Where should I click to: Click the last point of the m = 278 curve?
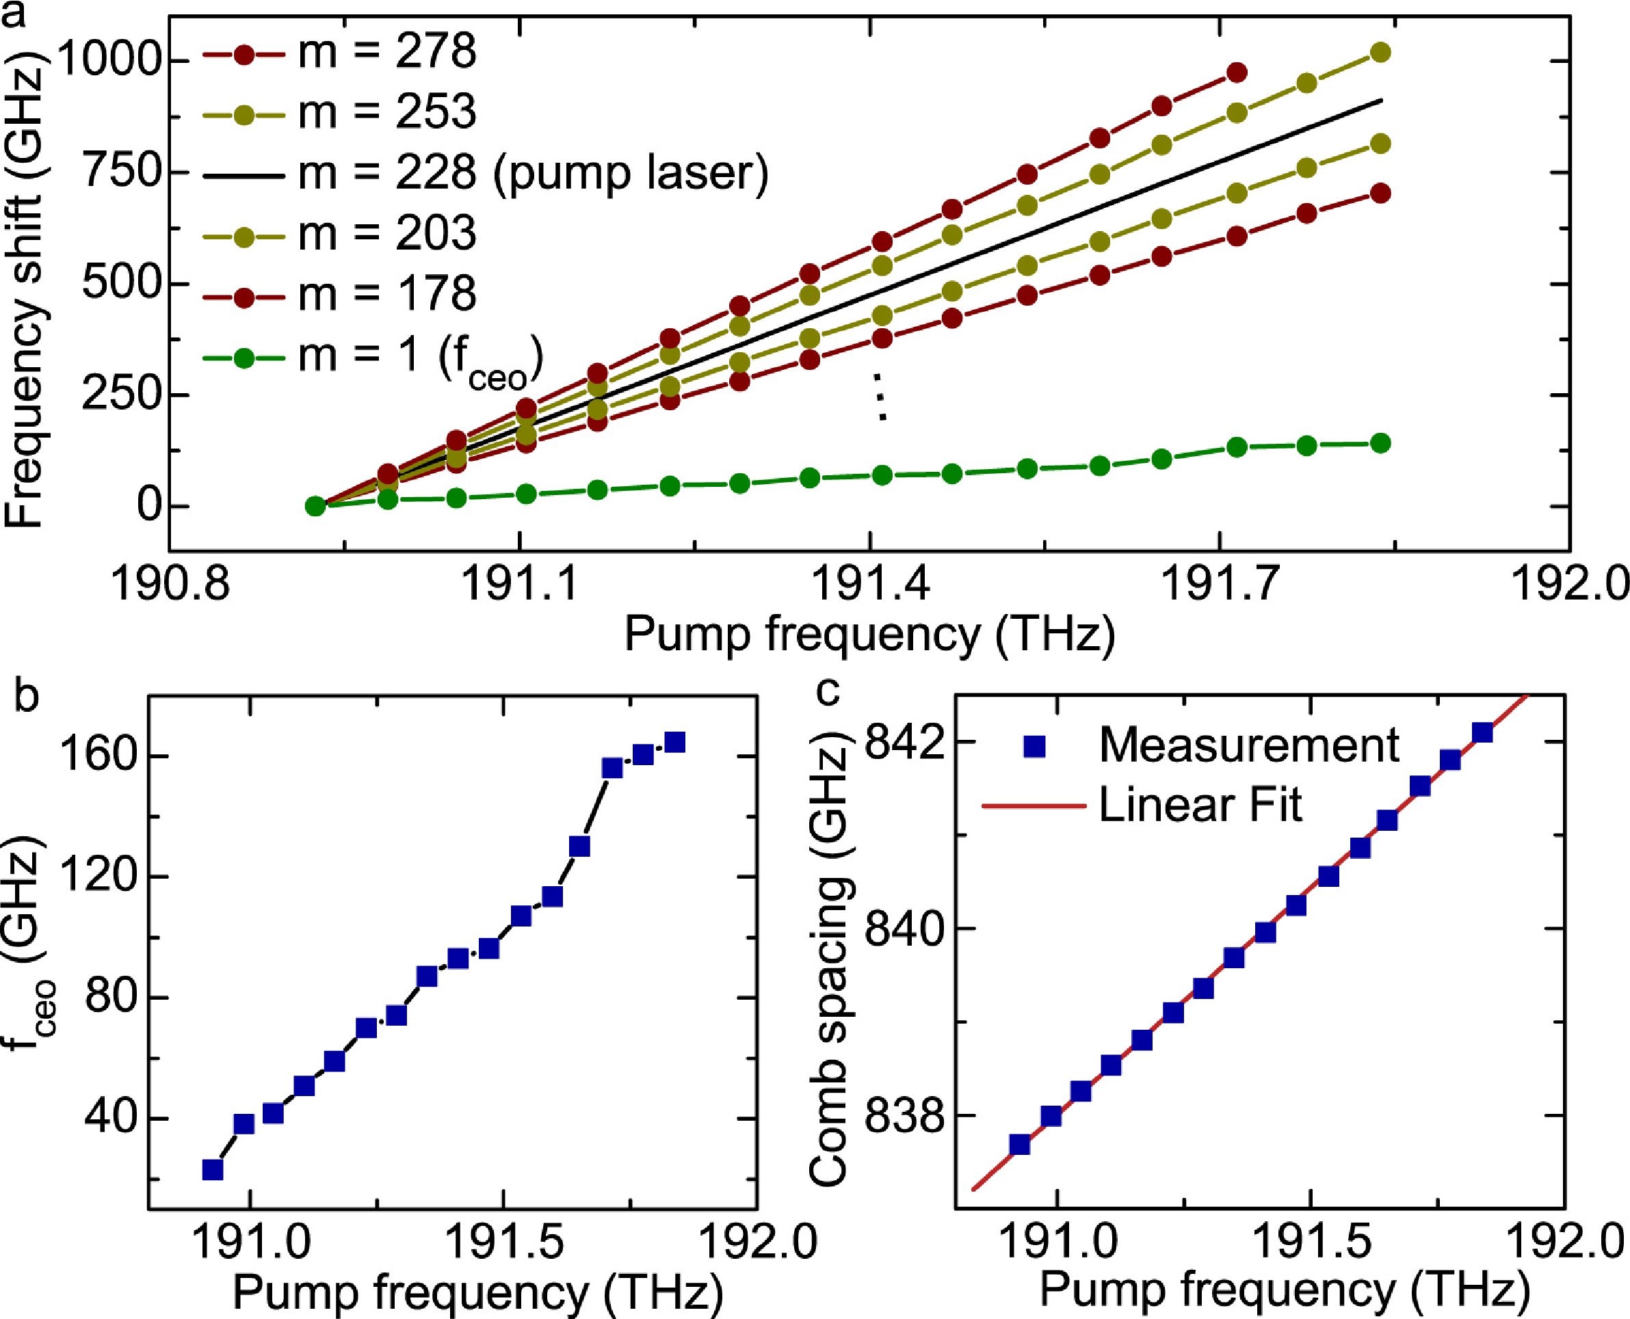tap(1237, 73)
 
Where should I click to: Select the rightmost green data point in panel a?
tap(1381, 444)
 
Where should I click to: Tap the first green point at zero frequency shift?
tap(315, 505)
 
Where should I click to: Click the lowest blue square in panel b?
tap(213, 1169)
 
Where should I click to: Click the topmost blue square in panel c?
tap(1482, 732)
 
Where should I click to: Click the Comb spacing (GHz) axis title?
tap(828, 965)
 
